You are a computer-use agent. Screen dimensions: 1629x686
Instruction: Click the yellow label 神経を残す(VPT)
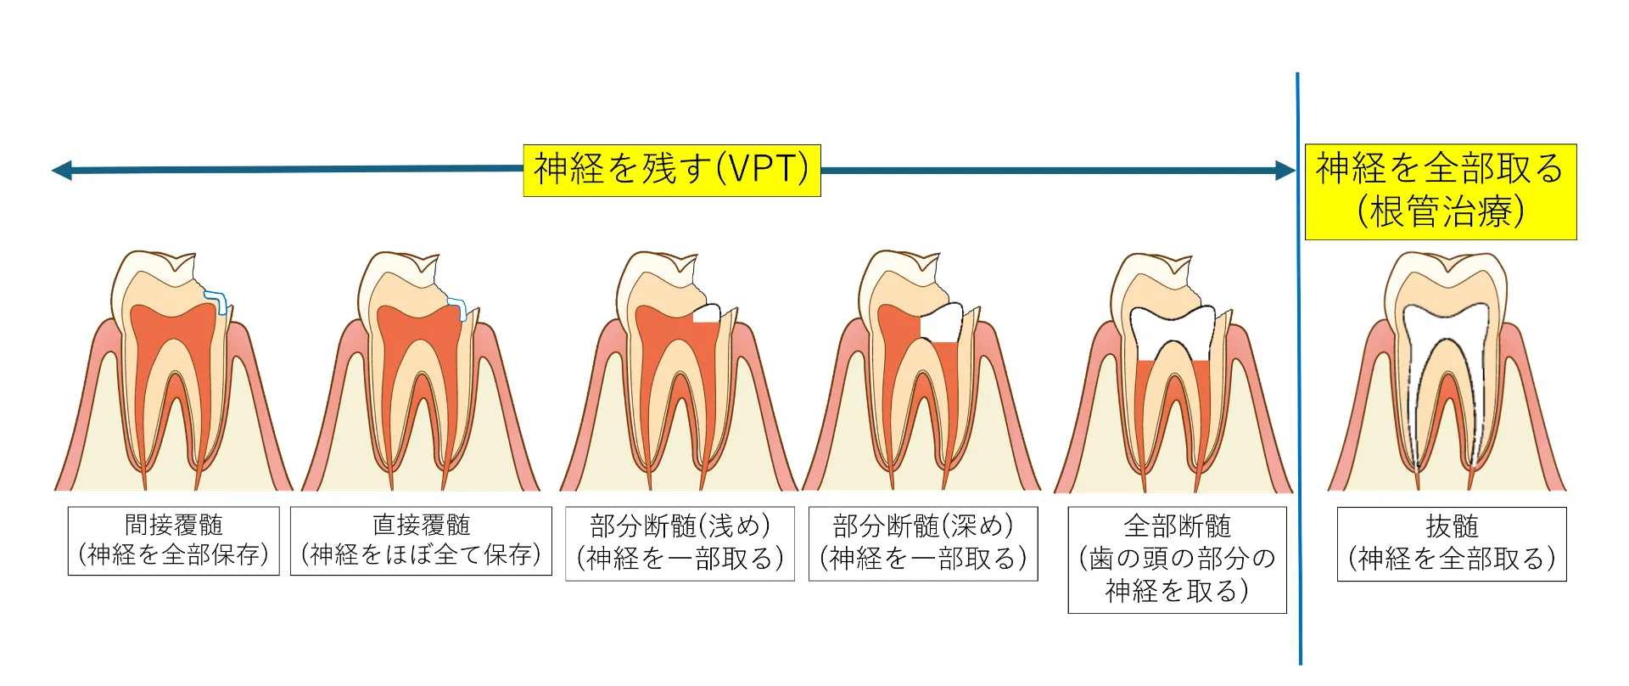tap(671, 171)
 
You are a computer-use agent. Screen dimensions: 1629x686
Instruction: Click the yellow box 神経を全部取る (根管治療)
tap(1440, 192)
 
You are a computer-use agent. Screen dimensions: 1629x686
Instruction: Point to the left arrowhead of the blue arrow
tap(62, 171)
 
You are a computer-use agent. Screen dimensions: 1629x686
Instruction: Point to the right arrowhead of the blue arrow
tap(1285, 171)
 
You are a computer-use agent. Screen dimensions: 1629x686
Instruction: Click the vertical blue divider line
tap(1298, 368)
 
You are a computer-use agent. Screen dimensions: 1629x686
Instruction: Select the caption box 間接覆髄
tap(174, 541)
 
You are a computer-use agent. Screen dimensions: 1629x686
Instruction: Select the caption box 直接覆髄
tap(421, 541)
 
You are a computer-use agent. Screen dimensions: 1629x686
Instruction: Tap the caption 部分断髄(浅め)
tap(680, 543)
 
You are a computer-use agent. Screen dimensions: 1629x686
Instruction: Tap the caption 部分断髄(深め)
tap(923, 543)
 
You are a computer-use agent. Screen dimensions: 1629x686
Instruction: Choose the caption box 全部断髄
tap(1177, 559)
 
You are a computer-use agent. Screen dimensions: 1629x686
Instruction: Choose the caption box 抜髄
tap(1452, 543)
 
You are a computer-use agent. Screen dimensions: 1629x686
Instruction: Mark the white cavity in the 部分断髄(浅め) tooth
tap(707, 313)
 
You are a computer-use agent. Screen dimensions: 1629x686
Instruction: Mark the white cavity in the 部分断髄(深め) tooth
tap(942, 323)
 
